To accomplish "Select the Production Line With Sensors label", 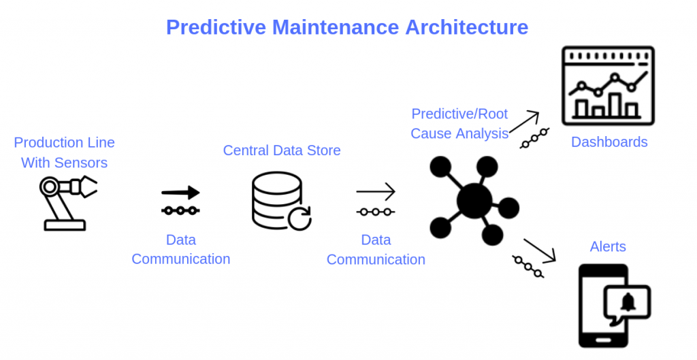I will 64,152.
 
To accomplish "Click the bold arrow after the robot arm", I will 180,193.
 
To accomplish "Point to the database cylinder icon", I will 277,200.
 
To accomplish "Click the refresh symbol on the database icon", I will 299,219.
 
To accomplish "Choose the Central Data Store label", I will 282,150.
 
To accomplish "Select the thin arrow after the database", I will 375,191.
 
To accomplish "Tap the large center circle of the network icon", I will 474,200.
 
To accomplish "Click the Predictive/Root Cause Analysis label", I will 459,123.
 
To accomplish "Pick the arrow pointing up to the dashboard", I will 523,121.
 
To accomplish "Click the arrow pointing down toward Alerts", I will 540,250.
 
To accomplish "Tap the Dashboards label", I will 609,142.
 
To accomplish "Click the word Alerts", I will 608,246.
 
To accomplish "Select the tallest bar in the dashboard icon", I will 615,104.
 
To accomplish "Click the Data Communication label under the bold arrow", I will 180,249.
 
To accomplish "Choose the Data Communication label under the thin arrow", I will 376,250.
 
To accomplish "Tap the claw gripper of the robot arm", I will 88,186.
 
